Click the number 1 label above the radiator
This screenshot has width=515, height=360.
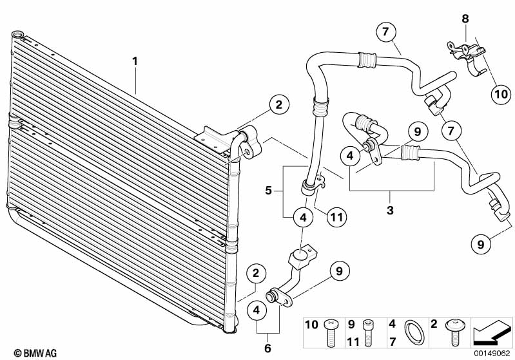[x=135, y=61]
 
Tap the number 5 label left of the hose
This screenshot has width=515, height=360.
[x=269, y=191]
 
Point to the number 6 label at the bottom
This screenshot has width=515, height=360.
[x=268, y=348]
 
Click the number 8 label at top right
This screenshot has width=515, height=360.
[x=465, y=19]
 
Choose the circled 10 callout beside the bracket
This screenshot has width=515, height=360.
[x=500, y=94]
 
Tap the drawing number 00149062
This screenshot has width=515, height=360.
[x=493, y=352]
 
